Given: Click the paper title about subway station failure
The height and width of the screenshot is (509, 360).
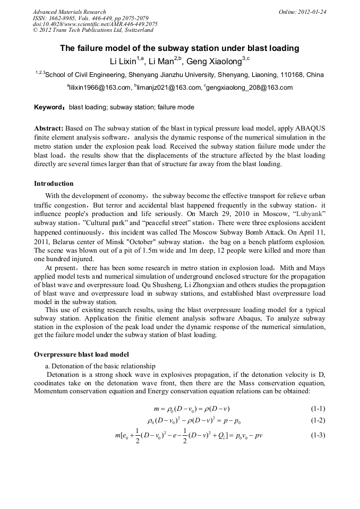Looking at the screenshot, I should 179,48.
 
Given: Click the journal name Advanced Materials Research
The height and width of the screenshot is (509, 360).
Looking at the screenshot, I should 69,12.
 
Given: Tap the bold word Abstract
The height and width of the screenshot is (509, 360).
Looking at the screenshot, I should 48,129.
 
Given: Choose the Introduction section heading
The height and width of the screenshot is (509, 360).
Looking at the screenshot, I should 54,184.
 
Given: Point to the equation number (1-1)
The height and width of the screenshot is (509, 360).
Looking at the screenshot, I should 318,408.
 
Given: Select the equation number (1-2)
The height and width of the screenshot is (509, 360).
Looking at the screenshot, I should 318,421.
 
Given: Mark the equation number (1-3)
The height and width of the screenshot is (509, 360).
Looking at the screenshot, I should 318,436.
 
